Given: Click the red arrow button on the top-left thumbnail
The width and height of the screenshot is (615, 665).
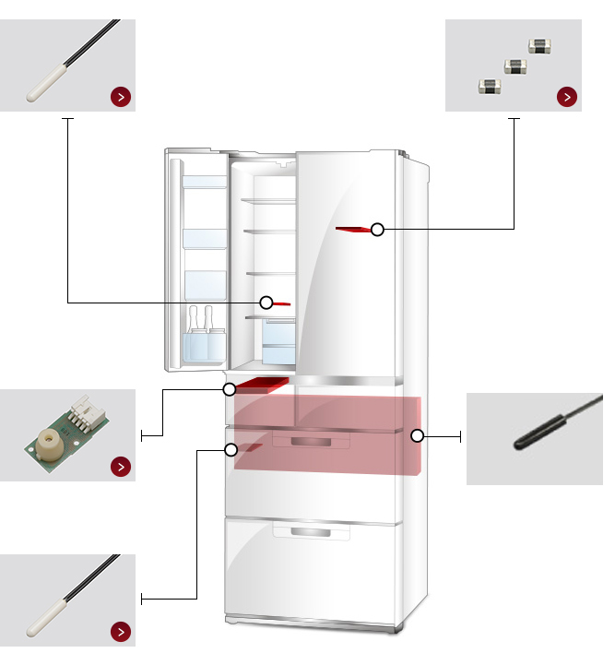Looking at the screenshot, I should click(x=120, y=96).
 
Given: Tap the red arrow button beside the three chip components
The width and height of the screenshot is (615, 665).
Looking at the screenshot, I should click(x=567, y=96).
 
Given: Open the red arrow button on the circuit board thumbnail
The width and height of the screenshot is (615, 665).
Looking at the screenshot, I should click(x=120, y=466).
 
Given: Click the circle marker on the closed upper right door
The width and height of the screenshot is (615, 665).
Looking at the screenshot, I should click(x=377, y=230).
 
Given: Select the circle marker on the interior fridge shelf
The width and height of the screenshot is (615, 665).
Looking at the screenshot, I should click(x=266, y=302).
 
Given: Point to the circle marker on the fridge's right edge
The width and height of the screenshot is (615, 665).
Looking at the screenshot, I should click(x=417, y=435).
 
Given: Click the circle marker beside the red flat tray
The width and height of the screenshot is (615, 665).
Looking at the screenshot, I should click(x=230, y=389).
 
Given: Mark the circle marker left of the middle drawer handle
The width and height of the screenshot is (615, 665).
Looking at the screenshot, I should click(x=231, y=449).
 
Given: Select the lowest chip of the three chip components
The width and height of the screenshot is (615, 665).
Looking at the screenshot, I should click(x=489, y=87).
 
